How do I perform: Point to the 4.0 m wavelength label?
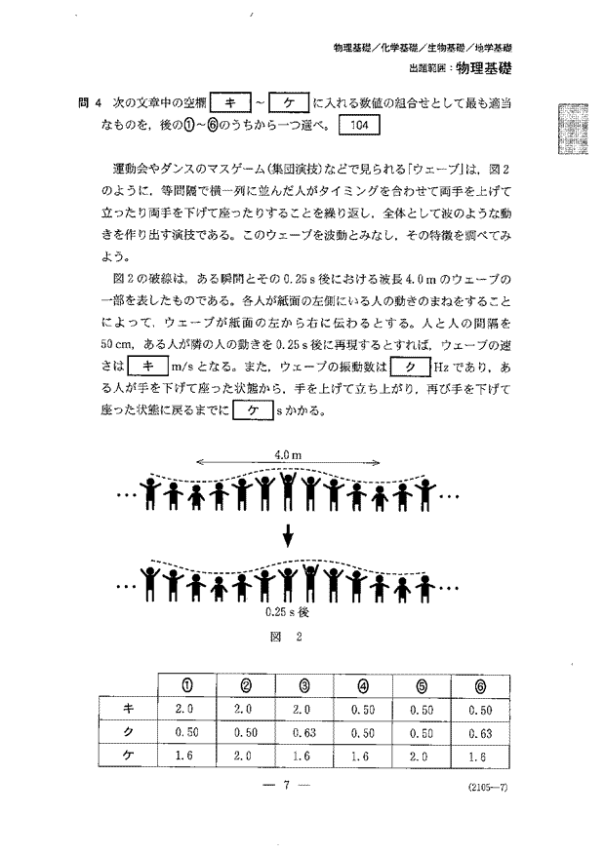click(287, 454)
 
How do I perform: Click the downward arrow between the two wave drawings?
click(289, 535)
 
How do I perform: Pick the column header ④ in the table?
click(363, 685)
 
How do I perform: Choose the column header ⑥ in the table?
click(479, 685)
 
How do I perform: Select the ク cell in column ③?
click(304, 732)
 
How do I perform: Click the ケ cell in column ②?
click(245, 755)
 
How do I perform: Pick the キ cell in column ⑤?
click(422, 709)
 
